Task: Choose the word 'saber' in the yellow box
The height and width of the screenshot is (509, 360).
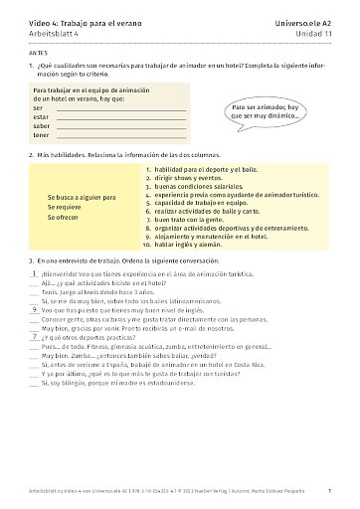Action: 42,125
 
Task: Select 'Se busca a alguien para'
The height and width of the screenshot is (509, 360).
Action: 81,197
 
